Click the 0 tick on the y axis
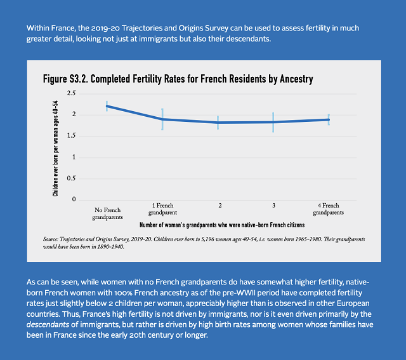click(74, 199)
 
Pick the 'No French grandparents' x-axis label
click(107, 213)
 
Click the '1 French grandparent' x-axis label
click(163, 210)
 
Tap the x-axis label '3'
click(273, 206)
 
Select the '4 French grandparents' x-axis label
click(328, 210)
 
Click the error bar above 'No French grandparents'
click(107, 105)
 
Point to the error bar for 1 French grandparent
click(162, 119)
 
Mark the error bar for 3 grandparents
click(273, 122)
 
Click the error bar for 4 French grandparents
click(329, 119)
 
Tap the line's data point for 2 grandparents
click(218, 123)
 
